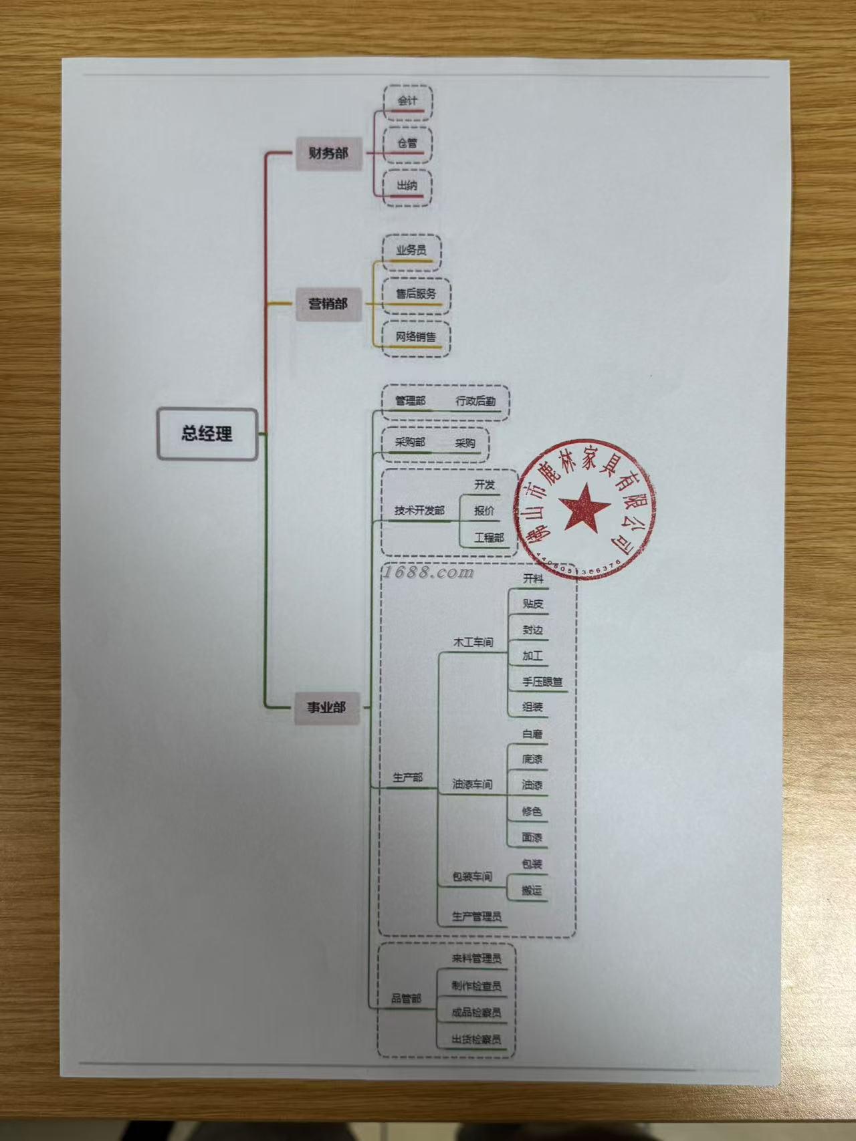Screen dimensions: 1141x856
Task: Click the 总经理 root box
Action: click(207, 434)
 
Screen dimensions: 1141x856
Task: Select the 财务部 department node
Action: click(328, 153)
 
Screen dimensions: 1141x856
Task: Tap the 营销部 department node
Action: click(328, 303)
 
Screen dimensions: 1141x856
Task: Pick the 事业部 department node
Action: click(326, 707)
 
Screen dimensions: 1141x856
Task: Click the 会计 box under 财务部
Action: click(407, 102)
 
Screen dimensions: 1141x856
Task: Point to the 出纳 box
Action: click(407, 186)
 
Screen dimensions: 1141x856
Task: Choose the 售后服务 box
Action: click(415, 294)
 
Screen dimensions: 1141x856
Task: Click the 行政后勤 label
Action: click(475, 402)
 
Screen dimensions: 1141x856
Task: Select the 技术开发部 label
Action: click(419, 511)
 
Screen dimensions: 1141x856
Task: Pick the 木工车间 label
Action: click(473, 642)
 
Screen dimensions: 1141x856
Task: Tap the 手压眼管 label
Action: click(542, 682)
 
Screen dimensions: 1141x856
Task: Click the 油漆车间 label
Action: click(472, 784)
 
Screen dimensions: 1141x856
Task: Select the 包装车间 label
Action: click(472, 876)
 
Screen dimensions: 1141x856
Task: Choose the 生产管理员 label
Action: click(476, 916)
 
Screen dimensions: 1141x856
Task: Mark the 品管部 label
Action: click(407, 999)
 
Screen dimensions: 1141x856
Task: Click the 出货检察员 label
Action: click(476, 1039)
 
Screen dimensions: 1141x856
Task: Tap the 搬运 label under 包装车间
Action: click(532, 890)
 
